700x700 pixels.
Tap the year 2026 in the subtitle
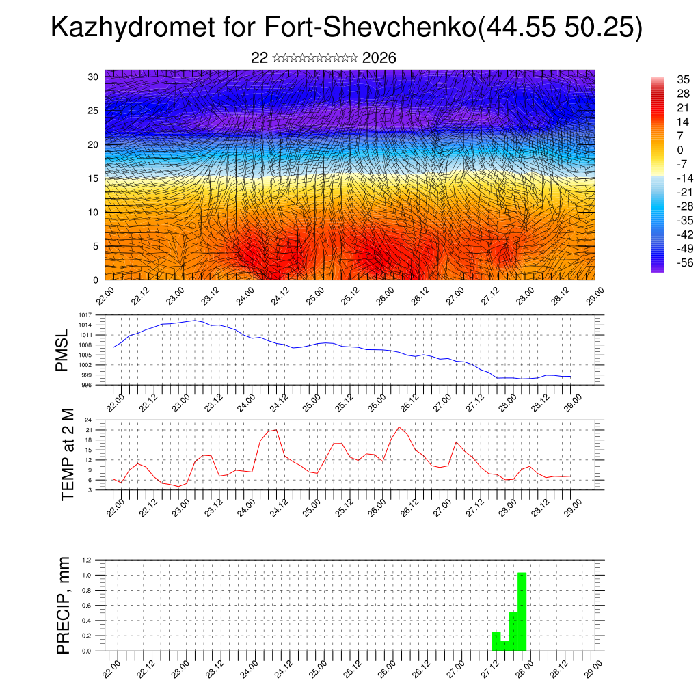coord(379,58)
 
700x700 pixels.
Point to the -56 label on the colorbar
coord(684,262)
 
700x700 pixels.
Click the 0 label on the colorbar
coord(679,150)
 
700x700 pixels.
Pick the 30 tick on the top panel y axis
coord(94,77)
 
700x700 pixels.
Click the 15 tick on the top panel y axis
coord(94,178)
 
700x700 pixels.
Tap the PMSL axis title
coord(62,351)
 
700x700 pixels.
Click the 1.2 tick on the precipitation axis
coord(87,560)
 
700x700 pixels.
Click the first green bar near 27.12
coord(496,641)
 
